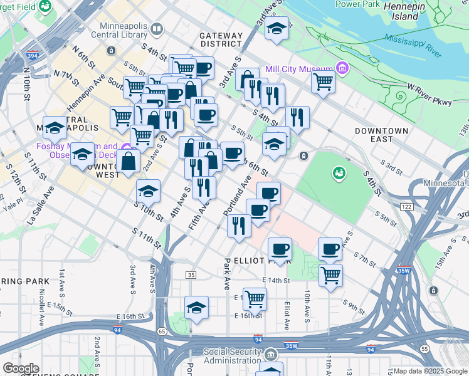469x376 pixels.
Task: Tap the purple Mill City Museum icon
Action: point(342,67)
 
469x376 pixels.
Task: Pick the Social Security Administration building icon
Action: point(271,355)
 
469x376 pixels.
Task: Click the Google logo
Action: point(21,368)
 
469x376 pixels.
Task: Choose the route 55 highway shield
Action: point(424,348)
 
